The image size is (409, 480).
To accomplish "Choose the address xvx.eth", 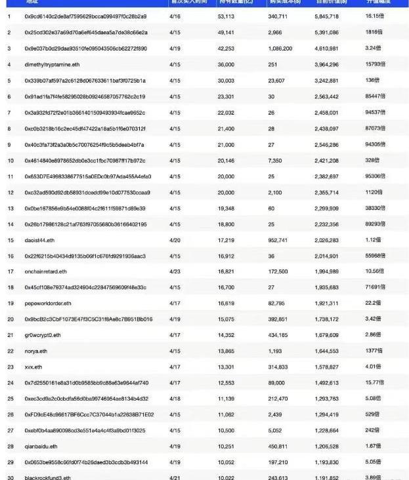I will pyautogui.click(x=33, y=367).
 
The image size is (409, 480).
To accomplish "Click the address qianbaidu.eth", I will pyautogui.click(x=40, y=447).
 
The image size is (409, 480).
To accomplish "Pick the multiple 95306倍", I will pyautogui.click(x=374, y=176).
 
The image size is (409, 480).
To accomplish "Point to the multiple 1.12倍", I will pyautogui.click(x=373, y=240).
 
